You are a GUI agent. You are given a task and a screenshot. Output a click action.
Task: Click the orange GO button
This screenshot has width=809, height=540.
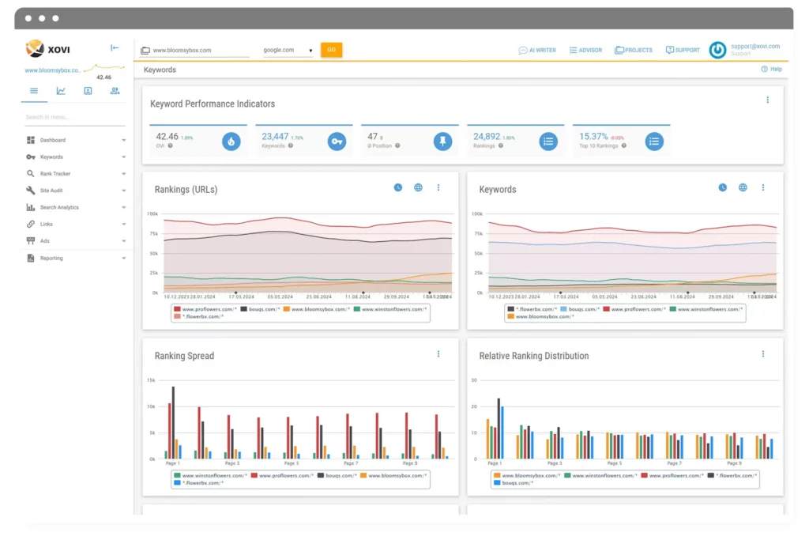click(x=331, y=50)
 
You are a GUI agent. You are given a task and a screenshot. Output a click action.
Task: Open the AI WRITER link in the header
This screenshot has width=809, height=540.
click(x=537, y=50)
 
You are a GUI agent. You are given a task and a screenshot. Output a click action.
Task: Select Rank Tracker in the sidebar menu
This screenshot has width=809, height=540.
click(x=55, y=174)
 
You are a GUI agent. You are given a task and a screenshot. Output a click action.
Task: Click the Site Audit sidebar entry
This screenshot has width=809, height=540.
click(x=51, y=191)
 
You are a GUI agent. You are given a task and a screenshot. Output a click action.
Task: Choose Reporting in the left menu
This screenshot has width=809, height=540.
click(x=51, y=259)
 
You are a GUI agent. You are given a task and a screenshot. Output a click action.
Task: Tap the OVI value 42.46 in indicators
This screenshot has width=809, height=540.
click(x=167, y=137)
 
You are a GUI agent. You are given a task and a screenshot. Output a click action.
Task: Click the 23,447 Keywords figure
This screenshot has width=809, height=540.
click(x=275, y=137)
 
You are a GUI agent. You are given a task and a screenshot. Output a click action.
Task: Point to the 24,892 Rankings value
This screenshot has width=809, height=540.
click(x=487, y=137)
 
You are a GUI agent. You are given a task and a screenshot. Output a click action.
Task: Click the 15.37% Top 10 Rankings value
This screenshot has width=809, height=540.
click(x=593, y=137)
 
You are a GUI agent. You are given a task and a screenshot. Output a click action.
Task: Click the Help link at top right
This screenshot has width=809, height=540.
click(x=772, y=70)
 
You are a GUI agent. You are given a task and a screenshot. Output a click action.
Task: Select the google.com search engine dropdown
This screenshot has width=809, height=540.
click(x=288, y=50)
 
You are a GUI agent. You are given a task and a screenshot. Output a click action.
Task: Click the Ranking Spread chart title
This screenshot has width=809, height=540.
click(x=184, y=356)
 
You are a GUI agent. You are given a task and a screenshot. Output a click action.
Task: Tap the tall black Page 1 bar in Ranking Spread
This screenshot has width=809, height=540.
click(x=173, y=422)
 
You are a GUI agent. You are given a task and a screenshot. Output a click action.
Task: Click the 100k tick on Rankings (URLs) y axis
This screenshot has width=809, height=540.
click(x=152, y=214)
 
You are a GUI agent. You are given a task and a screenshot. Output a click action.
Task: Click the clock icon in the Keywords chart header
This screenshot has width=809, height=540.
click(x=722, y=188)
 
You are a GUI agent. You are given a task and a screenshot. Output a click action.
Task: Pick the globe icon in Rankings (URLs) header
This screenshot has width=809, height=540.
click(x=418, y=188)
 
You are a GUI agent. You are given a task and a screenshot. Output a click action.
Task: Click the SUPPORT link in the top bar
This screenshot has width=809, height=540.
click(x=683, y=50)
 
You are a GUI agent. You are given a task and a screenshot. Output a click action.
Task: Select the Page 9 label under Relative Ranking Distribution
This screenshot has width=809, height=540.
click(x=734, y=463)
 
